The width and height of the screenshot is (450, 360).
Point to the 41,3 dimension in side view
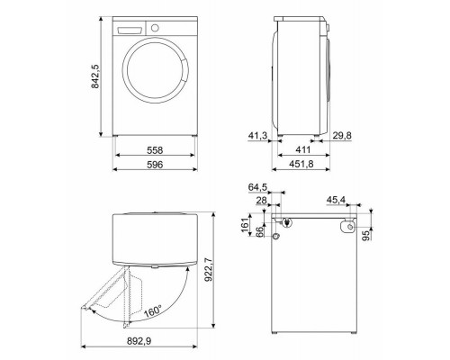(258, 135)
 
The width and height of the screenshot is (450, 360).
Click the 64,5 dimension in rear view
(257, 187)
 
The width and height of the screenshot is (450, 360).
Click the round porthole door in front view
(157, 76)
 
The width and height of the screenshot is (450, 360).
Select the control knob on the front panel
(154, 29)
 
